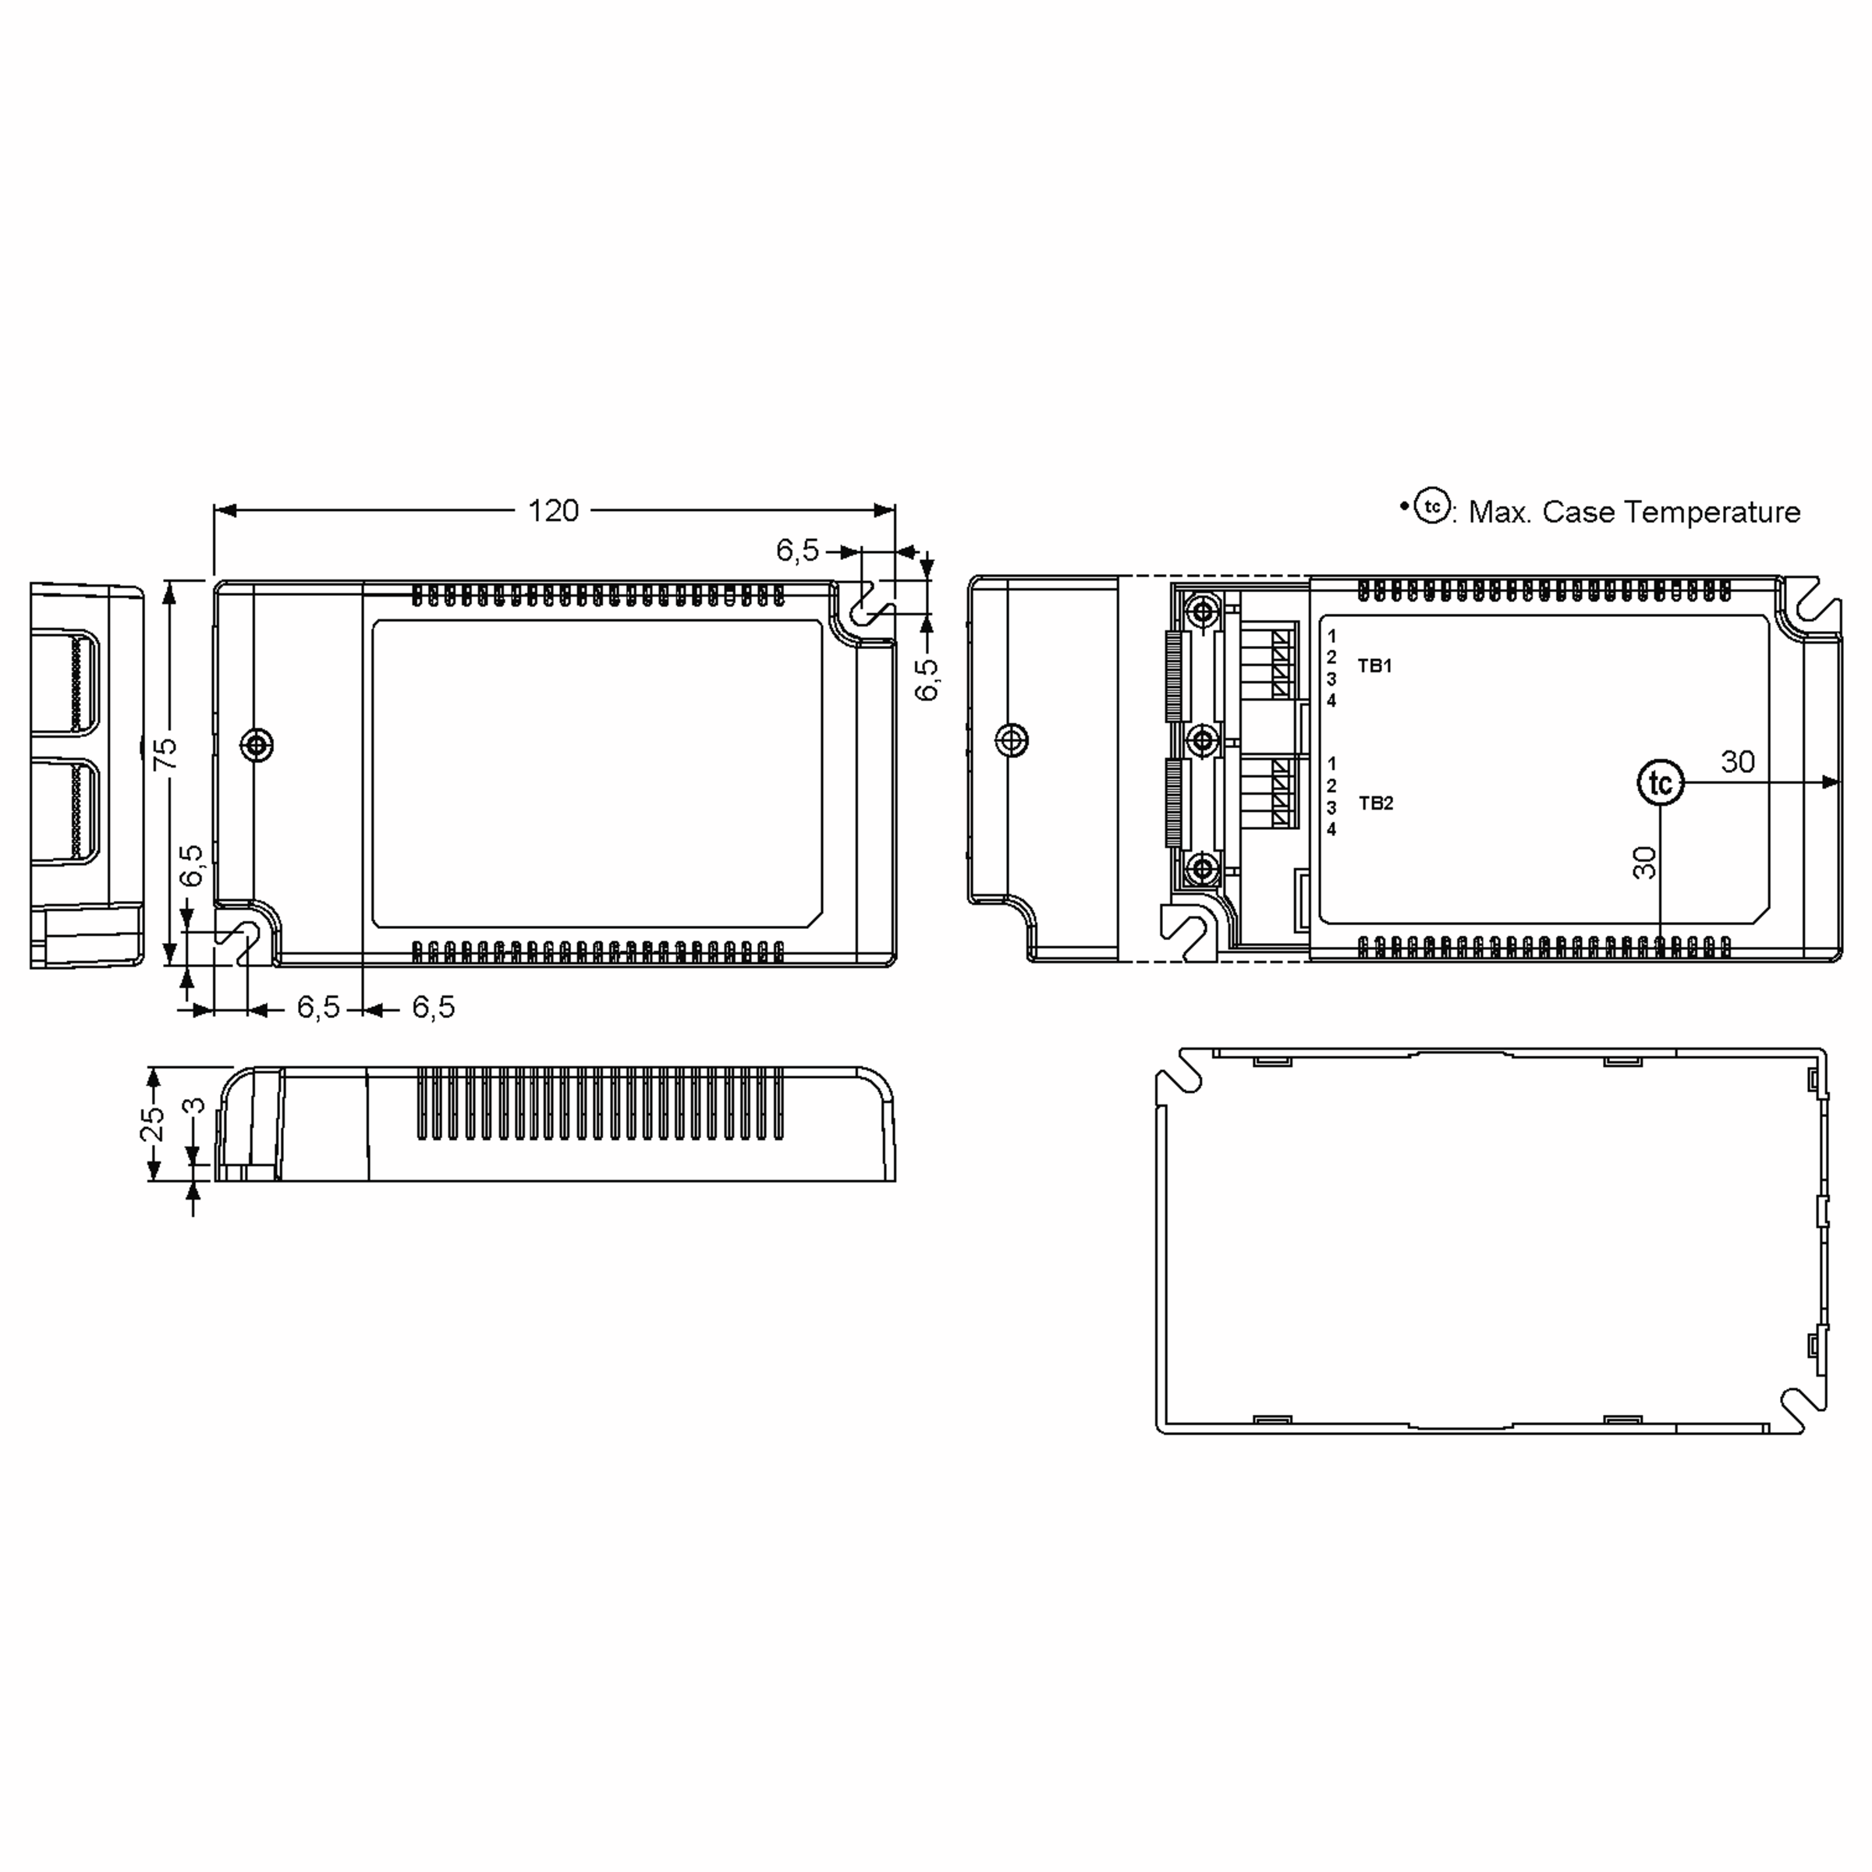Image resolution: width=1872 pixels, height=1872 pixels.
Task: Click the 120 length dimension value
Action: point(553,511)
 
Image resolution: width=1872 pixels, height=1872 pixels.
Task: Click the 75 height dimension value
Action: point(167,753)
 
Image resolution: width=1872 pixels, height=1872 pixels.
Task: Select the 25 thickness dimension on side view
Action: point(153,1124)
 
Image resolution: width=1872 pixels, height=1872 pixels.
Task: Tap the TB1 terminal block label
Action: point(1374,665)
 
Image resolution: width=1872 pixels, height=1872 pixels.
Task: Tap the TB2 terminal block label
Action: point(1375,803)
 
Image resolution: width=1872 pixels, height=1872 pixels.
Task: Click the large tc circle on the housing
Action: point(1661,783)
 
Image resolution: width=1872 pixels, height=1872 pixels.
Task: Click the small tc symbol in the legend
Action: point(1432,507)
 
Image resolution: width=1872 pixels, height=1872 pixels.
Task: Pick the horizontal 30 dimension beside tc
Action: point(1737,761)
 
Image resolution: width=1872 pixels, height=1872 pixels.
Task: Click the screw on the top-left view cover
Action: point(257,745)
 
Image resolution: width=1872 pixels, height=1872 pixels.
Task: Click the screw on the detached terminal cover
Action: point(1012,740)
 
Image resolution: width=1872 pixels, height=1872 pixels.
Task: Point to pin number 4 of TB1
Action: point(1331,700)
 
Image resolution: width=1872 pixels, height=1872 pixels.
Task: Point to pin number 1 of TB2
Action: point(1331,764)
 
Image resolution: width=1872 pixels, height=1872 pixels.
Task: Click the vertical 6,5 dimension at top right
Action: point(927,679)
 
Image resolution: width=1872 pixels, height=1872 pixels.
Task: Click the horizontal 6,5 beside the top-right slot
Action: point(797,551)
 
